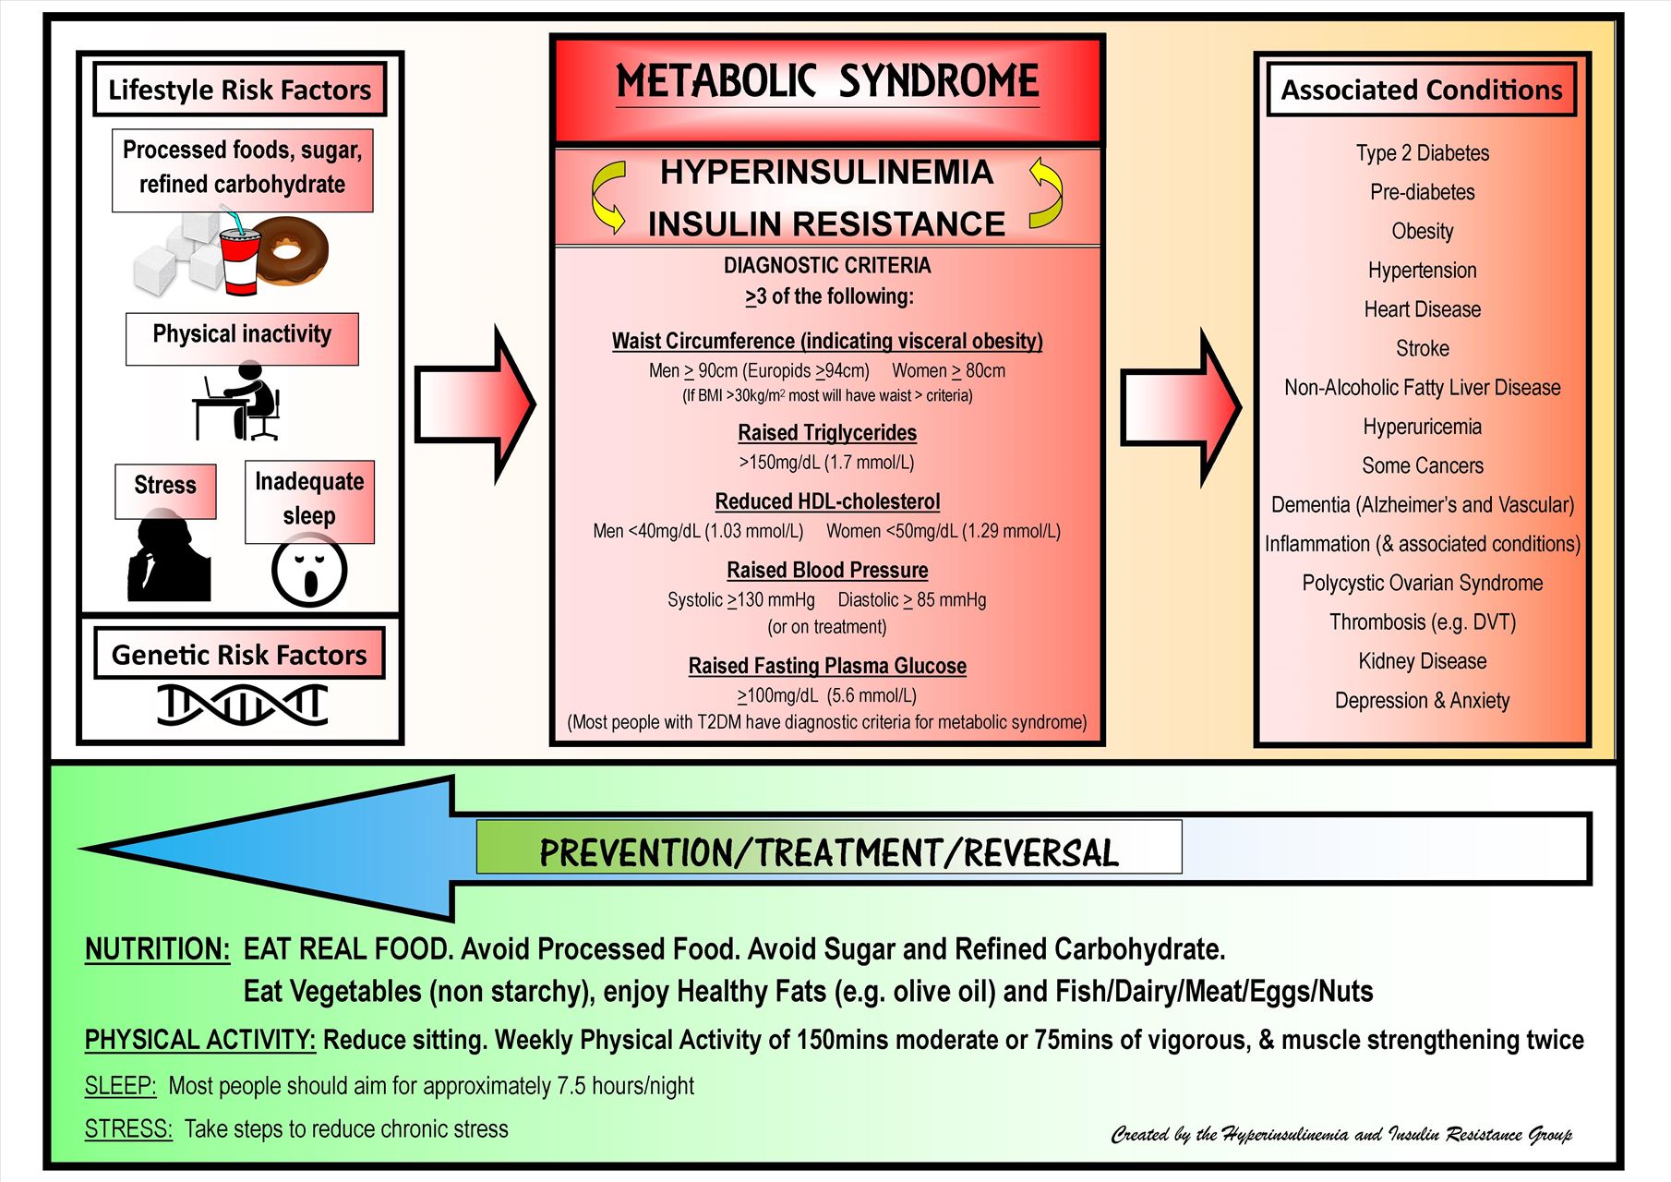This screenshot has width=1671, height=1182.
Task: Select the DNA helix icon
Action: pyautogui.click(x=242, y=705)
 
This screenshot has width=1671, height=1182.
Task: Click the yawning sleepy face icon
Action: pyautogui.click(x=309, y=572)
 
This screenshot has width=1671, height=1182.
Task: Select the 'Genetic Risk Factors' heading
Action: pyautogui.click(x=239, y=655)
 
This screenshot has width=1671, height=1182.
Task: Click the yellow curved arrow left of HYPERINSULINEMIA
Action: pyautogui.click(x=607, y=197)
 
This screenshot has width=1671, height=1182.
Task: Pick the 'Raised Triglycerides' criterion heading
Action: pyautogui.click(x=827, y=433)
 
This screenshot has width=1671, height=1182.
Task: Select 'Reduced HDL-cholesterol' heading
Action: pyautogui.click(x=827, y=501)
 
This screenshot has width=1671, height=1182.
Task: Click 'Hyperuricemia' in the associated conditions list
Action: pyautogui.click(x=1422, y=427)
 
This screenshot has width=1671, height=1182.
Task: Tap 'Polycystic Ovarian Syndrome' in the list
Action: pyautogui.click(x=1422, y=583)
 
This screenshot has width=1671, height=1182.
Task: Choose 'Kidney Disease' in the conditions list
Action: pyautogui.click(x=1422, y=661)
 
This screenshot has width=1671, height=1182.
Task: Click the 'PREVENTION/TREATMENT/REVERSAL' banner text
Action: pyautogui.click(x=828, y=851)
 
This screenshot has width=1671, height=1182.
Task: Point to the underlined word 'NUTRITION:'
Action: pyautogui.click(x=157, y=949)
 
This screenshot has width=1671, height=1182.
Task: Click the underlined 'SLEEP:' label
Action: pyautogui.click(x=120, y=1086)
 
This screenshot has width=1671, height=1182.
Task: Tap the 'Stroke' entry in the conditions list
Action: pyautogui.click(x=1422, y=348)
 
